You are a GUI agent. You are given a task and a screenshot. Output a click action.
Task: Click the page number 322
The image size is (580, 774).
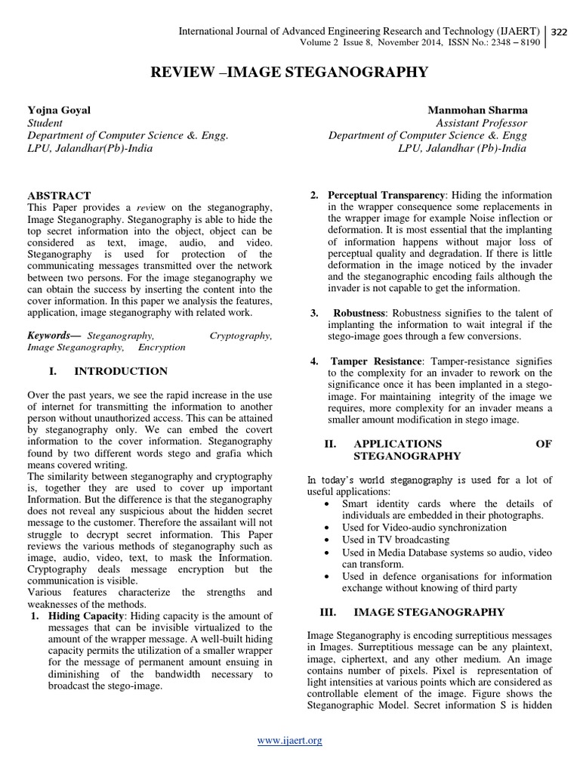(x=560, y=32)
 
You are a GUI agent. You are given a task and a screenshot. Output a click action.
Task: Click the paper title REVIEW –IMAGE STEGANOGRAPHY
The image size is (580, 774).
(x=290, y=73)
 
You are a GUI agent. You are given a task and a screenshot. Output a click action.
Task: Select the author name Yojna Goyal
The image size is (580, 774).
(x=59, y=110)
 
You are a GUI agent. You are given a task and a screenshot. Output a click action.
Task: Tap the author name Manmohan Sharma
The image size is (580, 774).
(x=477, y=110)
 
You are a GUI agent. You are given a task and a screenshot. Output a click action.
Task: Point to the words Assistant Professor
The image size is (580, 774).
(x=481, y=122)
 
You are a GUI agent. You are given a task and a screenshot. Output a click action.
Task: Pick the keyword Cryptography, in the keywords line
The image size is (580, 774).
(x=241, y=334)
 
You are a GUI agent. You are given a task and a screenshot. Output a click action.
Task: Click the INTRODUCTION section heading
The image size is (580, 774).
(x=120, y=371)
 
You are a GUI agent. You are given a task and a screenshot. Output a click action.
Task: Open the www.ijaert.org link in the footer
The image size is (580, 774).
(x=289, y=741)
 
